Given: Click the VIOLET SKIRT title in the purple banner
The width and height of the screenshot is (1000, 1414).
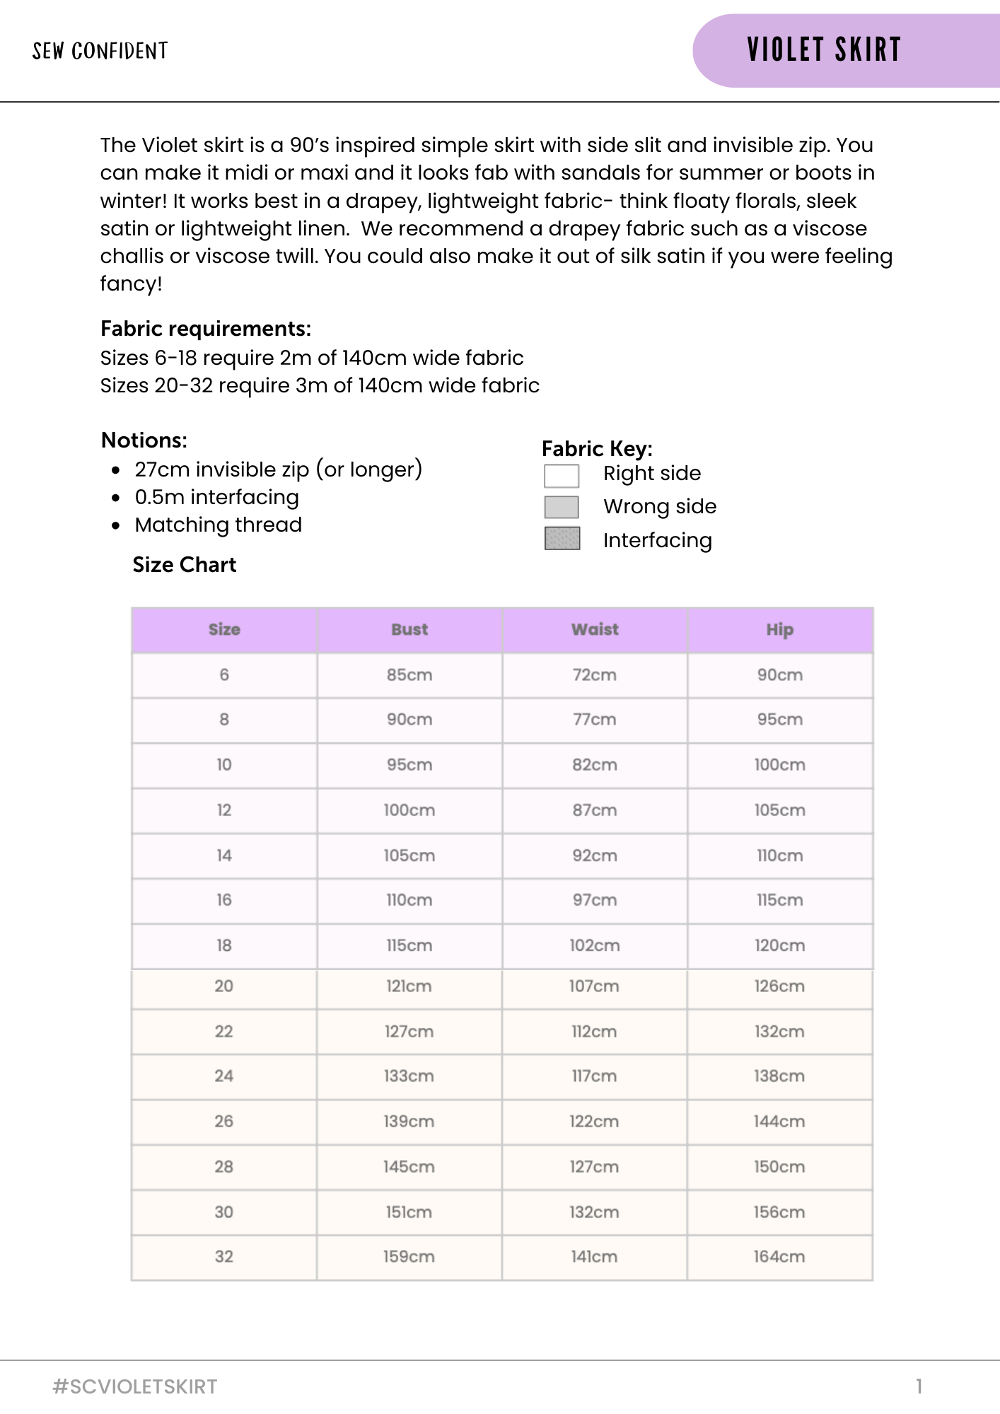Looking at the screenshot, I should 824,50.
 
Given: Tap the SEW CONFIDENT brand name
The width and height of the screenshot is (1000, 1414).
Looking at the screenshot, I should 100,51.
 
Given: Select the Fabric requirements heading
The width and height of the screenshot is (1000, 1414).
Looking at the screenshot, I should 206,329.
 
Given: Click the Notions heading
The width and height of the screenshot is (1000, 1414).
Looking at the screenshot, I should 144,440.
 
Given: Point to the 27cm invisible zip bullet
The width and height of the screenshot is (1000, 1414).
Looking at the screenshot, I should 278,469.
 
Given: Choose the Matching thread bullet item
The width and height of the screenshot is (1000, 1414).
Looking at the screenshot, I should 218,525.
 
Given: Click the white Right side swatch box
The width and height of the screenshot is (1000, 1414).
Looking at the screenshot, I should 562,476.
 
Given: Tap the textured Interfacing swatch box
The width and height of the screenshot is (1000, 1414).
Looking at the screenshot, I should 562,539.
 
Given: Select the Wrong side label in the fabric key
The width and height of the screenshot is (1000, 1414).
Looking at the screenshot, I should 659,506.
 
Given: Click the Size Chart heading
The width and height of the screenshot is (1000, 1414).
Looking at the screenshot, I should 185,565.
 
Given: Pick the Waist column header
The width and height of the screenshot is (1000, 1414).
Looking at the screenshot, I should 595,629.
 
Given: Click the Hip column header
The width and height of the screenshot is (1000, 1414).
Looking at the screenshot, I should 779,629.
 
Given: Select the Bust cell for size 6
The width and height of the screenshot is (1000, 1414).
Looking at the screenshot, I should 409,675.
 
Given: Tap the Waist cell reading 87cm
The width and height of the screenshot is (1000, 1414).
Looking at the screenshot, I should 595,810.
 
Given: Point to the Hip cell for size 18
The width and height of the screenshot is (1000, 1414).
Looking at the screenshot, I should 779,945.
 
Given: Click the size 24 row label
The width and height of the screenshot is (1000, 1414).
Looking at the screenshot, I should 224,1076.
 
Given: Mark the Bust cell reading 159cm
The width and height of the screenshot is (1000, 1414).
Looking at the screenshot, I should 409,1256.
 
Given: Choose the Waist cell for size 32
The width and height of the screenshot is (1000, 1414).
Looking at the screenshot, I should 594,1256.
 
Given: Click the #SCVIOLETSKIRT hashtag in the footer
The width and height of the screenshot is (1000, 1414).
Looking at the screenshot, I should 135,1386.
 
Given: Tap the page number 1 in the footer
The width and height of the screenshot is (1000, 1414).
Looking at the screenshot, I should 919,1386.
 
